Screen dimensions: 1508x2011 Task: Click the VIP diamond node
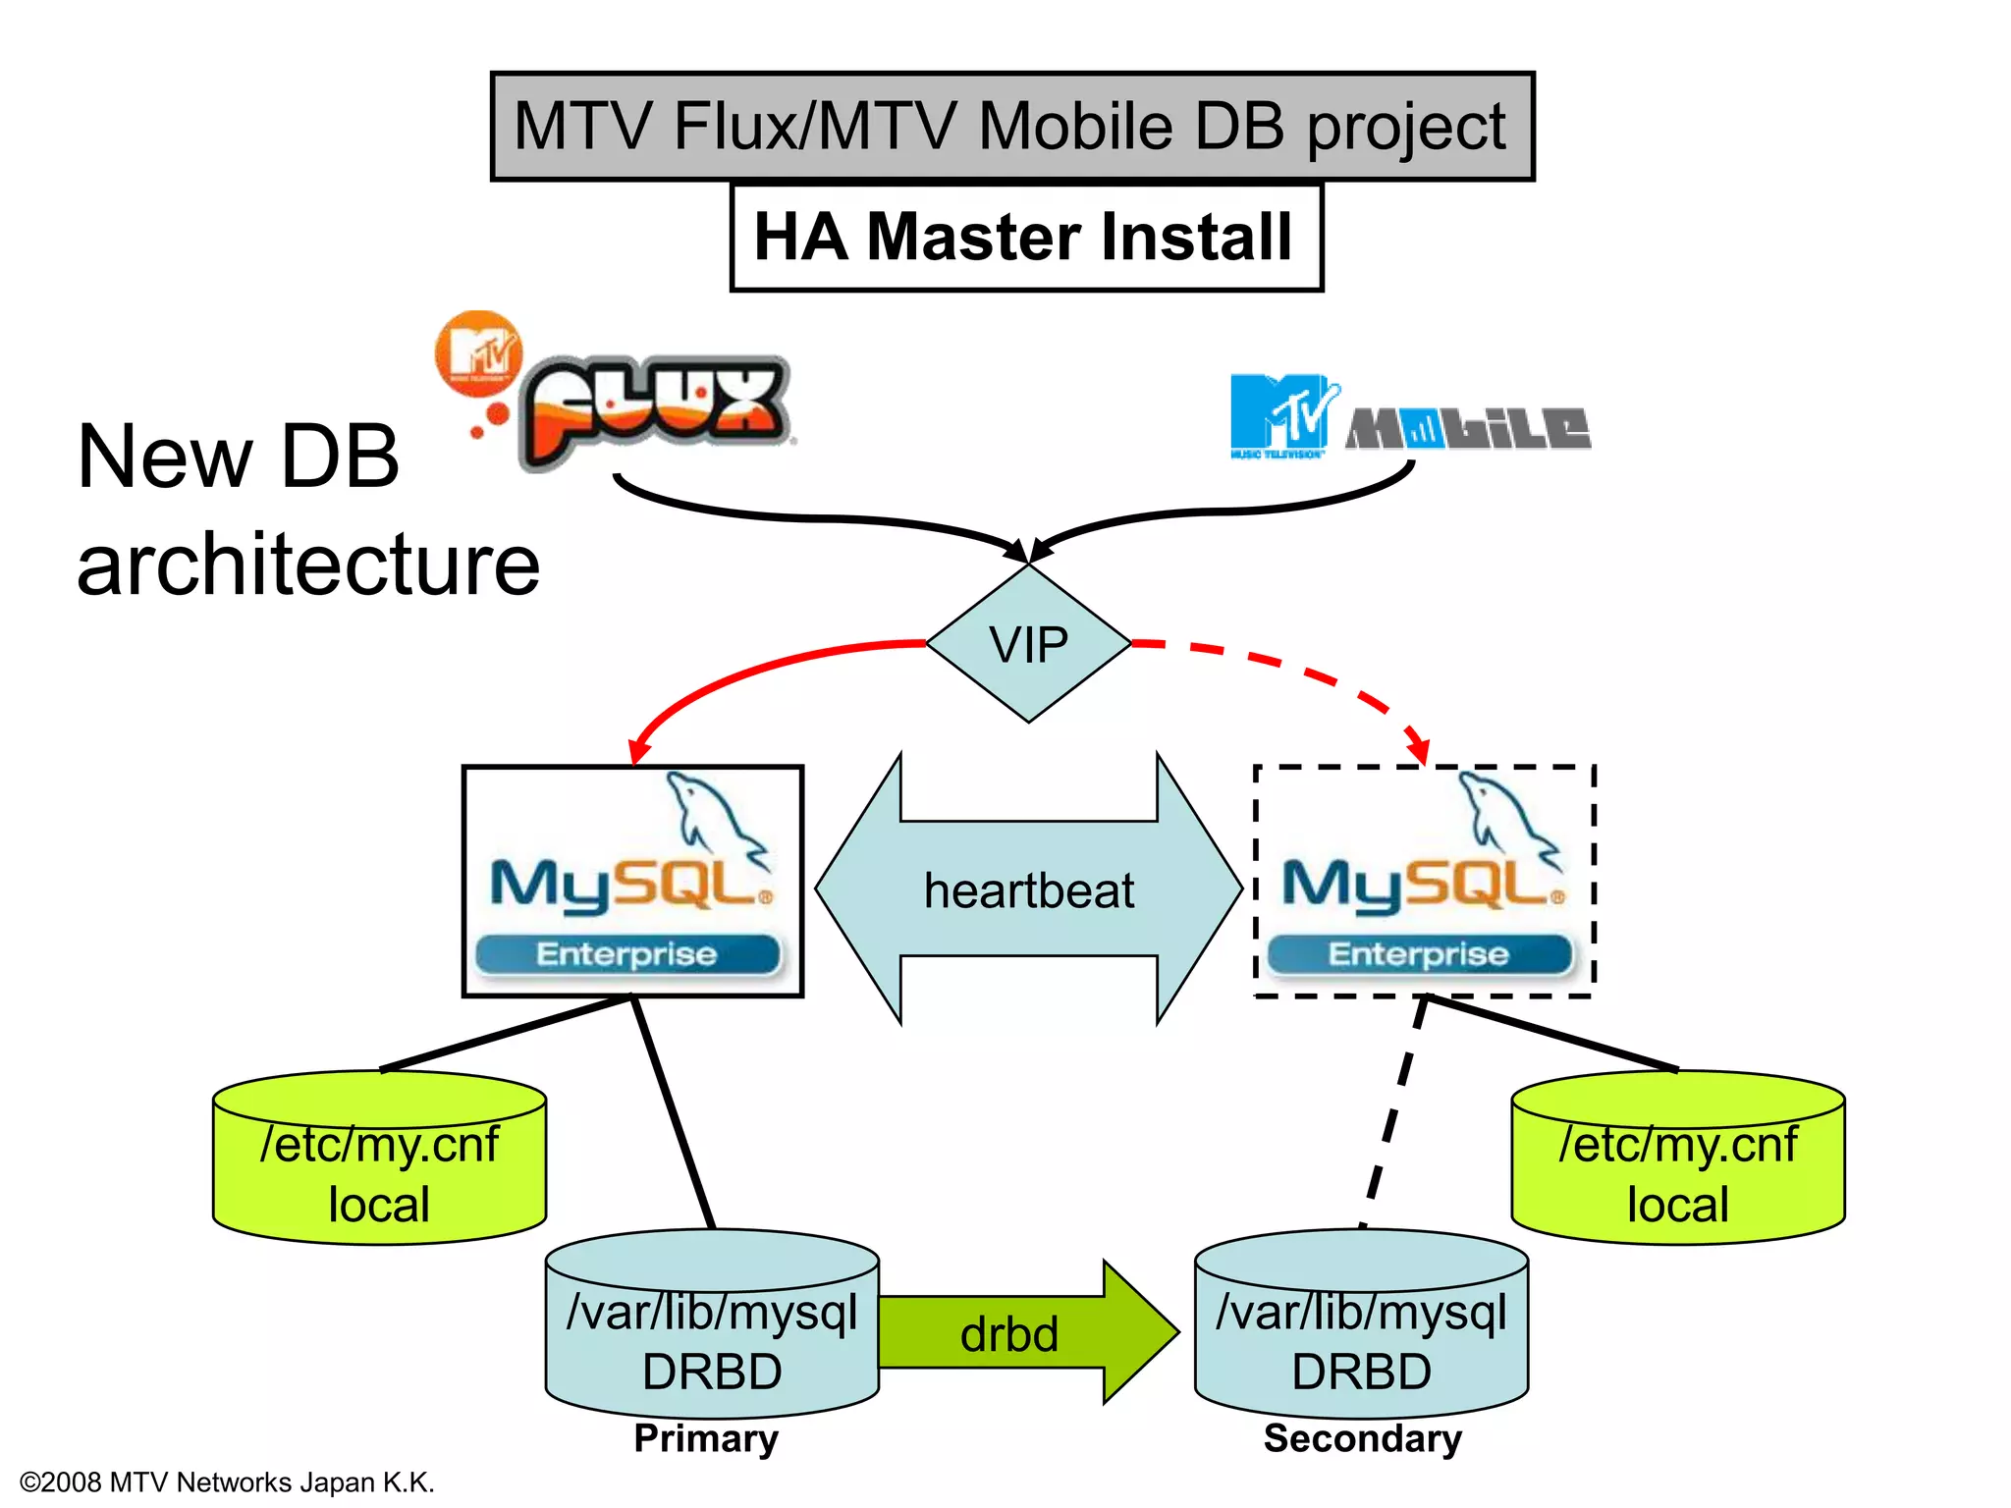click(1028, 644)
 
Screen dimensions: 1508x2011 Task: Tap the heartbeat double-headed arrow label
click(1028, 890)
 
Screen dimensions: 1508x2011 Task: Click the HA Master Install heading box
click(1025, 237)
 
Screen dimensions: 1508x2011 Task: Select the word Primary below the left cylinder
click(706, 1438)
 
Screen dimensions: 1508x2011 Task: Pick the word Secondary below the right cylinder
click(1362, 1438)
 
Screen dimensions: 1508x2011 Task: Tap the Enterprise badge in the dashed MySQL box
click(1418, 954)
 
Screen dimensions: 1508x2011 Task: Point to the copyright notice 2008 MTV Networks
click(227, 1482)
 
